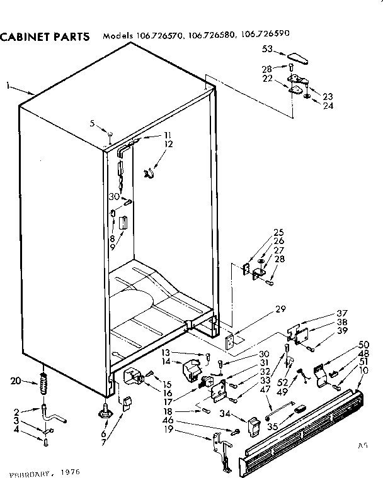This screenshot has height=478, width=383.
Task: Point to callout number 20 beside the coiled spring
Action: pos(16,380)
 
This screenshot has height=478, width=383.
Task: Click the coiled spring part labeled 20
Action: pos(44,383)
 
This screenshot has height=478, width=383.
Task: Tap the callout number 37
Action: pos(342,313)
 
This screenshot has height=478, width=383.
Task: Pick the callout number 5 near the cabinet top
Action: pos(92,123)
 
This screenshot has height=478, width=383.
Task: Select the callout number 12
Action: pos(168,144)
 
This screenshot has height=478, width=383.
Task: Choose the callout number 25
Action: pos(278,231)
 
